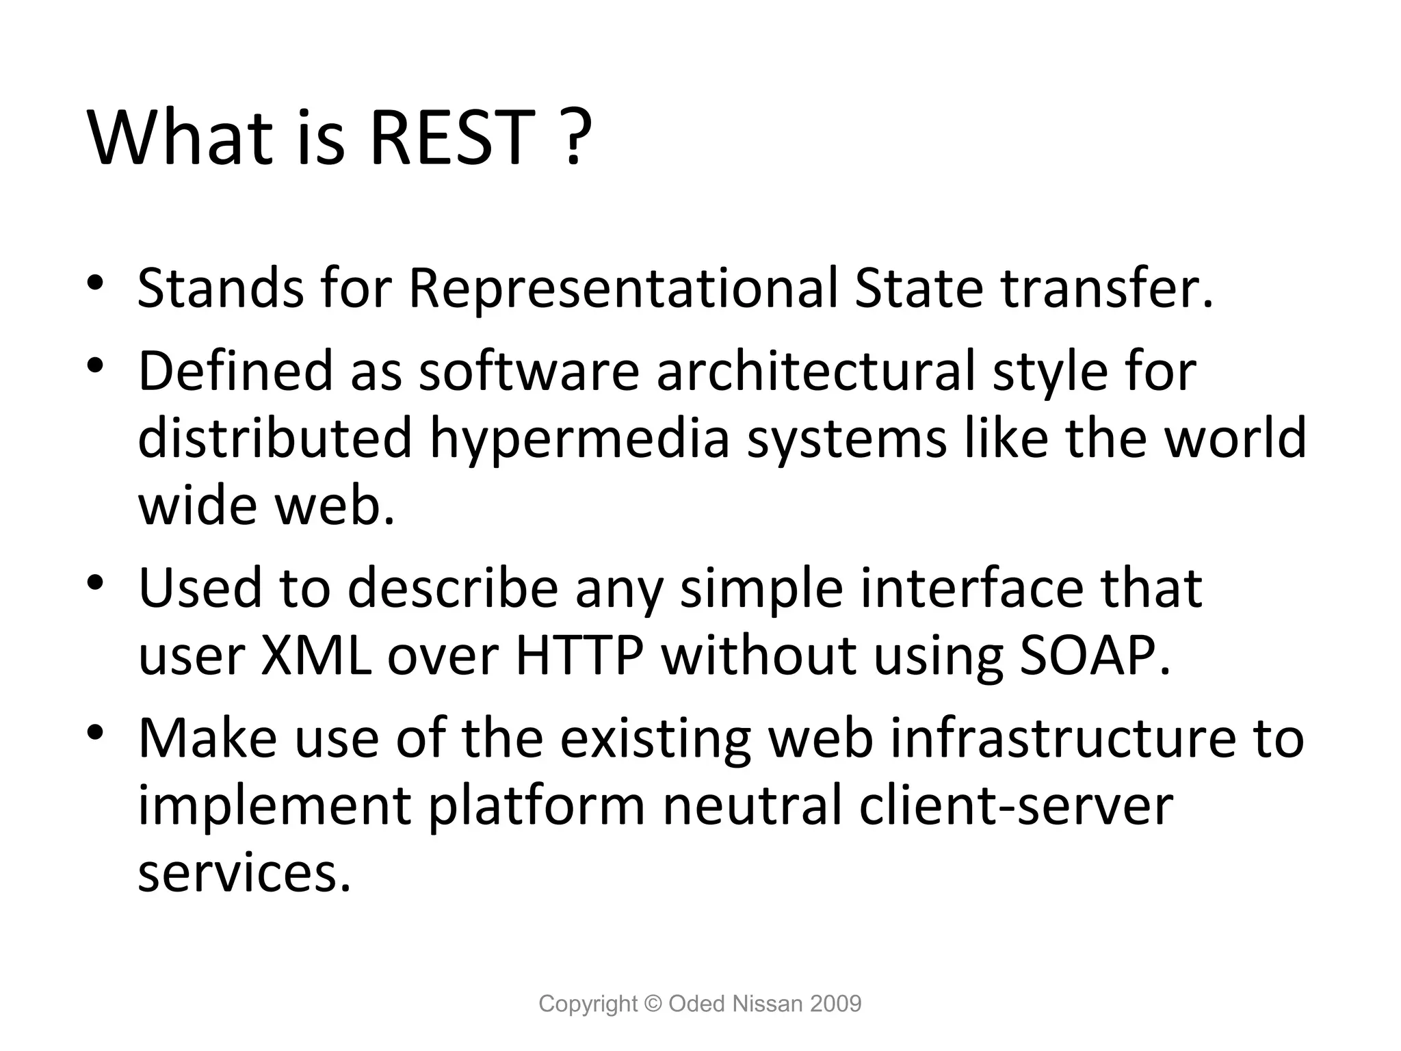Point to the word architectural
point(815,372)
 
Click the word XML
point(316,656)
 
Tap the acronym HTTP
point(579,656)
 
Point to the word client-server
point(1016,806)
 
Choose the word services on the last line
point(244,874)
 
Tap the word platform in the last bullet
point(537,806)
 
